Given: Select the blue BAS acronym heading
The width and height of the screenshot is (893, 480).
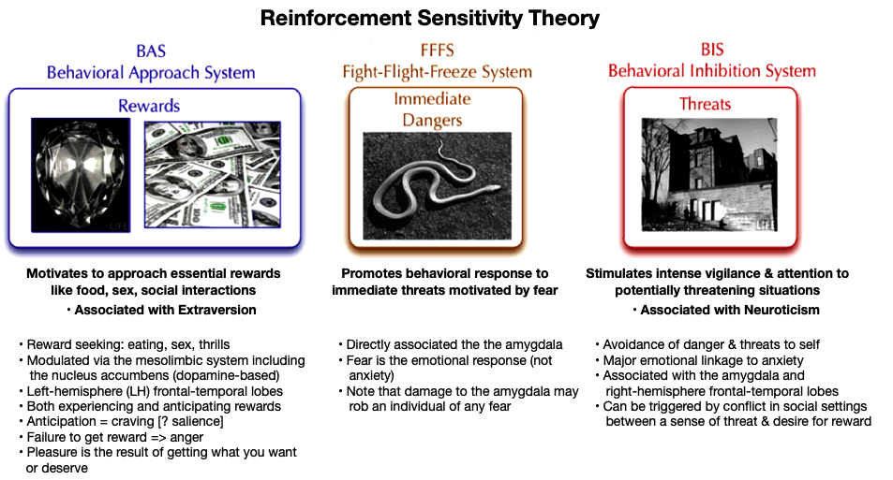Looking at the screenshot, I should tap(151, 51).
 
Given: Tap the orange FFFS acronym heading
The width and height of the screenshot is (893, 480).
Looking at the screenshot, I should tap(437, 51).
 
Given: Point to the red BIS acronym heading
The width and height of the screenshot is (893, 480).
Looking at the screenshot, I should tap(711, 51).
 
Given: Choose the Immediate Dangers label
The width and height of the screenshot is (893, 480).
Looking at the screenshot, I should tap(433, 109).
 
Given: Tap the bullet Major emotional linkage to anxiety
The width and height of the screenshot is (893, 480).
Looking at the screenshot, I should tap(703, 360).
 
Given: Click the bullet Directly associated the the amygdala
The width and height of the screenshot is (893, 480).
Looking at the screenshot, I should tap(445, 344).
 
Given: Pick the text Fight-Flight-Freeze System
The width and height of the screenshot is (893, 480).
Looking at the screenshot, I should tap(437, 72).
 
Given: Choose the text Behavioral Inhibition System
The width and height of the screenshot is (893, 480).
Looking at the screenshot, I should tap(711, 71).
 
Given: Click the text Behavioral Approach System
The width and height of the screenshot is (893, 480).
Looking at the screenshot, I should tap(151, 73).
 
